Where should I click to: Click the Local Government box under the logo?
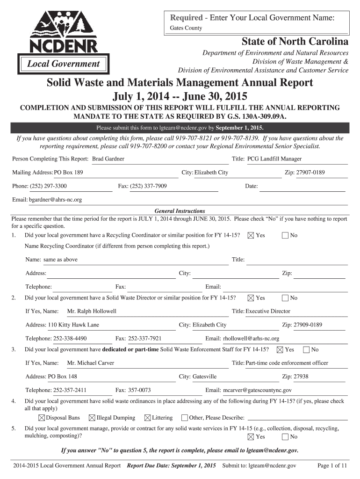(x=63, y=64)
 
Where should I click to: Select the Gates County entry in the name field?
(x=186, y=28)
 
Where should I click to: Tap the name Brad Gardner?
(x=108, y=159)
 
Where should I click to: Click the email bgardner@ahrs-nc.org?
(x=56, y=200)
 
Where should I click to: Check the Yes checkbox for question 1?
(x=251, y=235)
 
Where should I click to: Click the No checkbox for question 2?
(x=285, y=298)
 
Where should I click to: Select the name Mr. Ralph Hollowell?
(x=92, y=311)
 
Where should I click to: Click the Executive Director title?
(x=268, y=311)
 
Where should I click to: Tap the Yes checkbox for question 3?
(x=280, y=349)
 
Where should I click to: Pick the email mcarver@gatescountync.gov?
(x=258, y=390)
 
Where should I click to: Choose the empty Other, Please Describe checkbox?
(x=184, y=418)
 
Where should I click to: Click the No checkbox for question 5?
(x=285, y=437)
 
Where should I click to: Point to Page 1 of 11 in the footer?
(x=332, y=466)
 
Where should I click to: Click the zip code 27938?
(x=301, y=377)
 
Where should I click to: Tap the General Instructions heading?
(x=180, y=211)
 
